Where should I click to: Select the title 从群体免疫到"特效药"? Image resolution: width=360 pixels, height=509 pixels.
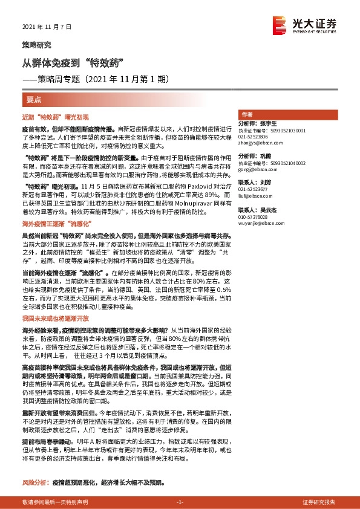[73, 62]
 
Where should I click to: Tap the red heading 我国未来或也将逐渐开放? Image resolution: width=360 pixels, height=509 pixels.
[56, 317]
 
